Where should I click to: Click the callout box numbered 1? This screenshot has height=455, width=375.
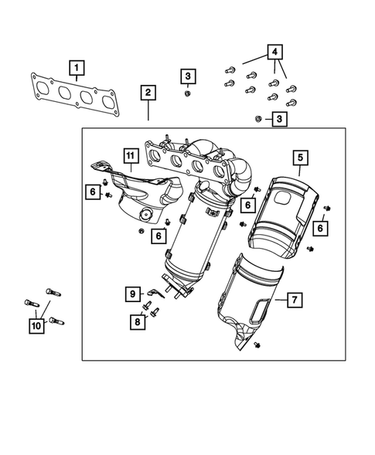tap(76, 69)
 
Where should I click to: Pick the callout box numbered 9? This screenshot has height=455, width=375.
tap(132, 293)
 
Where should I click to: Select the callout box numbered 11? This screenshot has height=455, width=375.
tap(131, 161)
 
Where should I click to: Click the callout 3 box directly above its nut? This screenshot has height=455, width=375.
tap(189, 76)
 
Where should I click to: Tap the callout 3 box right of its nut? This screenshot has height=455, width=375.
tap(280, 119)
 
